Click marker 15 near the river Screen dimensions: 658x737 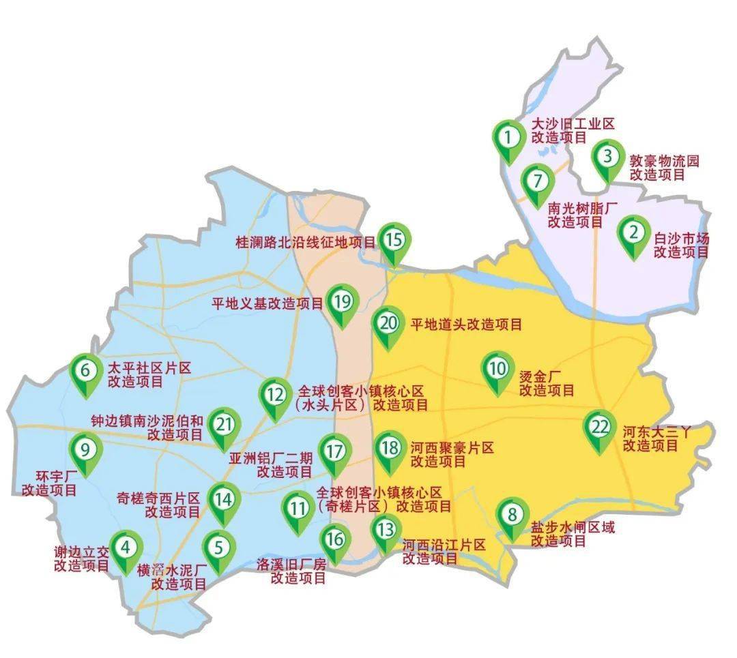394,241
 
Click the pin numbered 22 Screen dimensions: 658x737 600,428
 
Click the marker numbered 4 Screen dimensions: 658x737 126,548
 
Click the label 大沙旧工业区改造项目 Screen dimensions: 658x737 573,130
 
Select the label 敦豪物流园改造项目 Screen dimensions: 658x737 664,168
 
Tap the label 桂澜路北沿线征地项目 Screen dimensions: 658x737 305,243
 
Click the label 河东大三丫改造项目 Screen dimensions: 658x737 656,438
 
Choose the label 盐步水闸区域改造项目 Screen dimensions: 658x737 572,534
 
